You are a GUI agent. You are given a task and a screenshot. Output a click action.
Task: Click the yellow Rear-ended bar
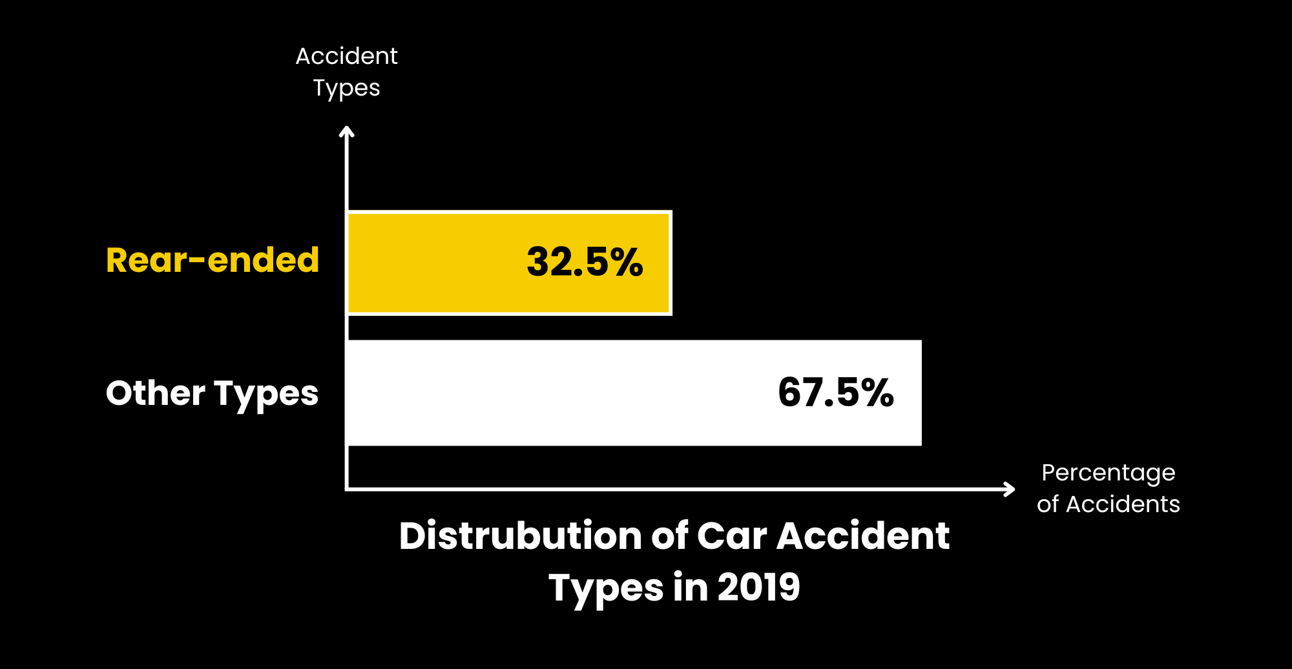click(439, 263)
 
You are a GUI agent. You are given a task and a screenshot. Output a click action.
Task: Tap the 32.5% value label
click(585, 262)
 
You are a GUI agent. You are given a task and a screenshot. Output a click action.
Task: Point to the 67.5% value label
click(835, 392)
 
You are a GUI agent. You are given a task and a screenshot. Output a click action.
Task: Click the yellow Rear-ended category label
click(213, 260)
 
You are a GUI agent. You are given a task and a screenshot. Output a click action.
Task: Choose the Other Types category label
click(212, 393)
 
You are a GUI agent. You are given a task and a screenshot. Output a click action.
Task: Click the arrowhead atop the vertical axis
click(347, 132)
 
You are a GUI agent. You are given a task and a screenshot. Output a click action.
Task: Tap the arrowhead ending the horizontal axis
click(1009, 489)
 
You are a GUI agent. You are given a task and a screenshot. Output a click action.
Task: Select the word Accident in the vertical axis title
click(346, 56)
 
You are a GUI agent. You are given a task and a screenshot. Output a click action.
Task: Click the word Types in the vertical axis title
click(346, 88)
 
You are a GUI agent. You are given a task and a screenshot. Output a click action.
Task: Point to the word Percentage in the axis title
click(1108, 473)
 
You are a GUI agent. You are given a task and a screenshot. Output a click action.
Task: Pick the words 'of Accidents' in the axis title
click(1108, 504)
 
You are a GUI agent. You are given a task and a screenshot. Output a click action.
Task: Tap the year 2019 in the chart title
click(758, 587)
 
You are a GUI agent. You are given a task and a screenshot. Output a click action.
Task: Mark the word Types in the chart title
click(605, 588)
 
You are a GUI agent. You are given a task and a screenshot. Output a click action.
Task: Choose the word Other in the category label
click(156, 393)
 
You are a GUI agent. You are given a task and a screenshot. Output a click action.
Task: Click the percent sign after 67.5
click(877, 392)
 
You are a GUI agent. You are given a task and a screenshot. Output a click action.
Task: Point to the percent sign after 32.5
click(627, 262)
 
